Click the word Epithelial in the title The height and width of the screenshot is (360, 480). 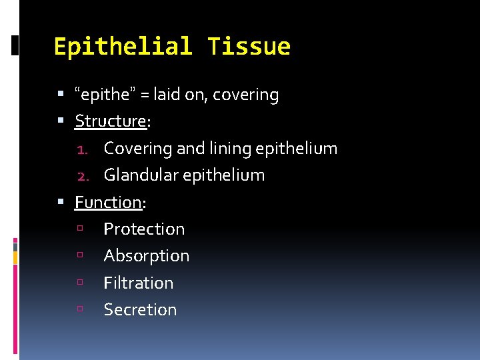click(123, 47)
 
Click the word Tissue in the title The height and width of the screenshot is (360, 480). click(249, 47)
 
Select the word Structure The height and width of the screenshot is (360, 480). click(110, 121)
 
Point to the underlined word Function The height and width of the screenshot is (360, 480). click(108, 202)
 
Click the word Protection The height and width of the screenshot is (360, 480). click(144, 229)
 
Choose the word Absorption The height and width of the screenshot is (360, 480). click(146, 256)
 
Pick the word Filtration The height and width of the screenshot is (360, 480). click(138, 283)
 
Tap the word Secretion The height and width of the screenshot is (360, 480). click(140, 309)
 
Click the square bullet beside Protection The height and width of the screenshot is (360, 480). click(80, 229)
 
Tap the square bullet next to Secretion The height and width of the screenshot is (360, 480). click(80, 309)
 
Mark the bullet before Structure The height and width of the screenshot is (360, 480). click(61, 121)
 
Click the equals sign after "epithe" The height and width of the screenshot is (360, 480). click(145, 95)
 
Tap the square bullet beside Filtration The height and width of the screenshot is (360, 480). click(80, 283)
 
